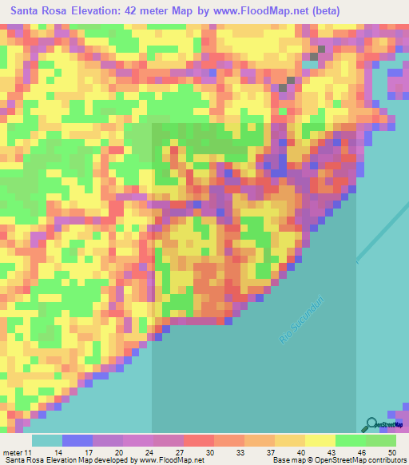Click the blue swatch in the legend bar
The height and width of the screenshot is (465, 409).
tap(77, 440)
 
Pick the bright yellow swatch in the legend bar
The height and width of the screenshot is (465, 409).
tap(320, 440)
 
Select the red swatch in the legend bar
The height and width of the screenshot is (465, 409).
tap(199, 440)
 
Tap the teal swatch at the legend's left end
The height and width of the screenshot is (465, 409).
tap(47, 440)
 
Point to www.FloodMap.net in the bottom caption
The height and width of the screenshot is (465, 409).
tap(170, 460)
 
